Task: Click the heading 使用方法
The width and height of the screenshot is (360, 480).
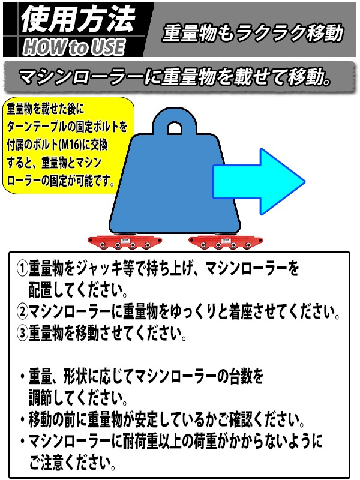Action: (78, 19)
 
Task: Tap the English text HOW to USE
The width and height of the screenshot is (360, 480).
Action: (74, 47)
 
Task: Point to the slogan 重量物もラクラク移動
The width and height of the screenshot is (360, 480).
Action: (253, 32)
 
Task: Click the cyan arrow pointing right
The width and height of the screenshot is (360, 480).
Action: (259, 182)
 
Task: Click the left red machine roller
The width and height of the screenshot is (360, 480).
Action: (125, 242)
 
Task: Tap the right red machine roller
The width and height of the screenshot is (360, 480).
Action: (226, 242)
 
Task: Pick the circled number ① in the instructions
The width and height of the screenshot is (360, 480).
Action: (22, 269)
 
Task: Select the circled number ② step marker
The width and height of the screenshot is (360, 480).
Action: (22, 311)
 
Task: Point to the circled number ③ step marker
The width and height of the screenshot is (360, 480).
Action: (22, 333)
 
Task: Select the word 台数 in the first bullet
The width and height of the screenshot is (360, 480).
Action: (241, 376)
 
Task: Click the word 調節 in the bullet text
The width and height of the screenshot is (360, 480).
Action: (40, 398)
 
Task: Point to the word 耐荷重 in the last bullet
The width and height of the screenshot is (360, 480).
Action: (140, 441)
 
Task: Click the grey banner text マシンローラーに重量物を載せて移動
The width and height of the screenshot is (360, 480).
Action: (175, 77)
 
